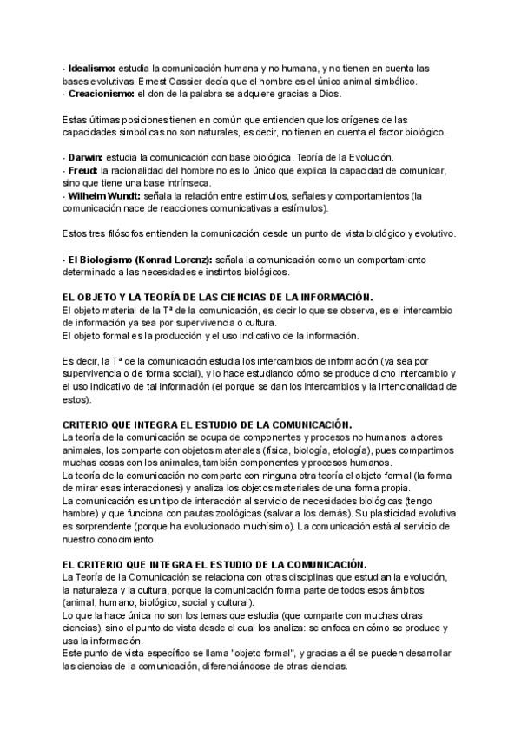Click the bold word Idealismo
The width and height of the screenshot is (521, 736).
(x=91, y=69)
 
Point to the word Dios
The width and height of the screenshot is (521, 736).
(x=328, y=94)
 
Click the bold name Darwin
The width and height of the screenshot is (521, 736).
(x=85, y=157)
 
